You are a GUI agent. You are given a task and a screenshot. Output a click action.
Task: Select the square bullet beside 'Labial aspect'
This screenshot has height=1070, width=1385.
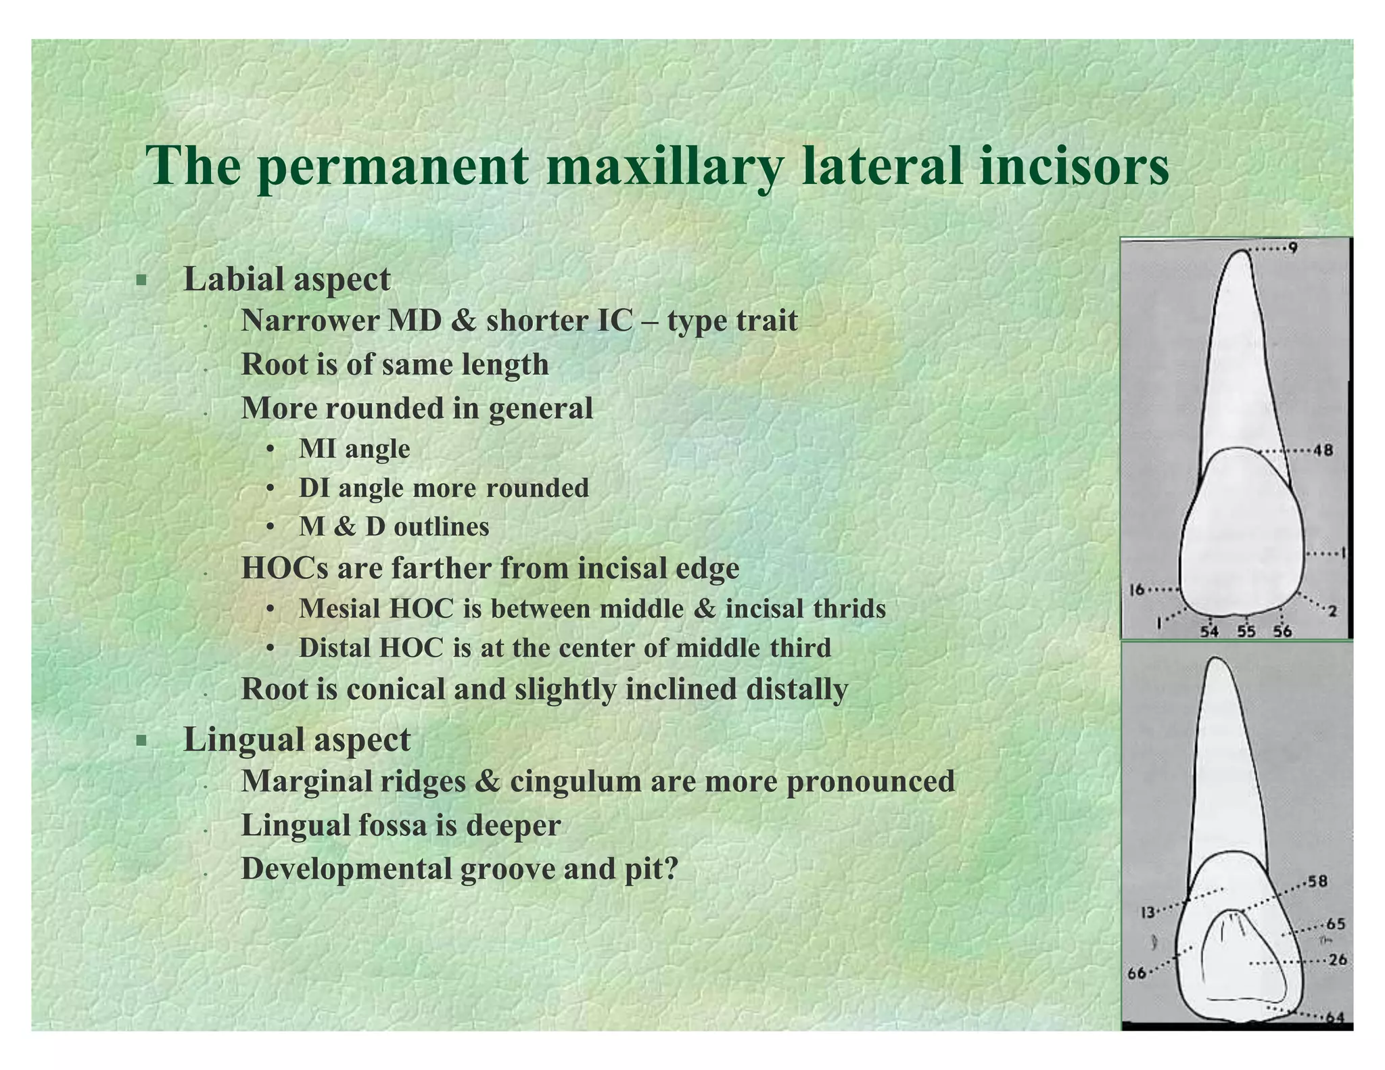141,280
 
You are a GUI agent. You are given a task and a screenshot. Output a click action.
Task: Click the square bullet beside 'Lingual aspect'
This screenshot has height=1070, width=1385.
141,741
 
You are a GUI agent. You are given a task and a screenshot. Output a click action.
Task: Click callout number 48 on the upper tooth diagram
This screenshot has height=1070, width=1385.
1323,450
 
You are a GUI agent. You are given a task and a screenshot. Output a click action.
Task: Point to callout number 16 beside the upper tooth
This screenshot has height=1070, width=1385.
1137,589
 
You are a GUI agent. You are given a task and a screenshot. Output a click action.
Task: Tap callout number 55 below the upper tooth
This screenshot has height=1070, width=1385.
1246,631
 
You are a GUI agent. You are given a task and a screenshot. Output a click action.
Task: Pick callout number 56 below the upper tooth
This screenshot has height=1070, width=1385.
1282,631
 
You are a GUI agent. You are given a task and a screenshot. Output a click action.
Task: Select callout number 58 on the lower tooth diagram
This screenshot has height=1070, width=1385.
1317,881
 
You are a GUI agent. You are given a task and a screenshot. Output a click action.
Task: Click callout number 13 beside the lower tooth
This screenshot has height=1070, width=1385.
1148,912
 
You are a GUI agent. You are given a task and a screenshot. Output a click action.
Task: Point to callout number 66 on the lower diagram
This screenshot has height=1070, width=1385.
1137,973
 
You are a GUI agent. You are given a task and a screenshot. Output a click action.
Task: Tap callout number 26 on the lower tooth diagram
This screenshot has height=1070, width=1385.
1337,960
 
